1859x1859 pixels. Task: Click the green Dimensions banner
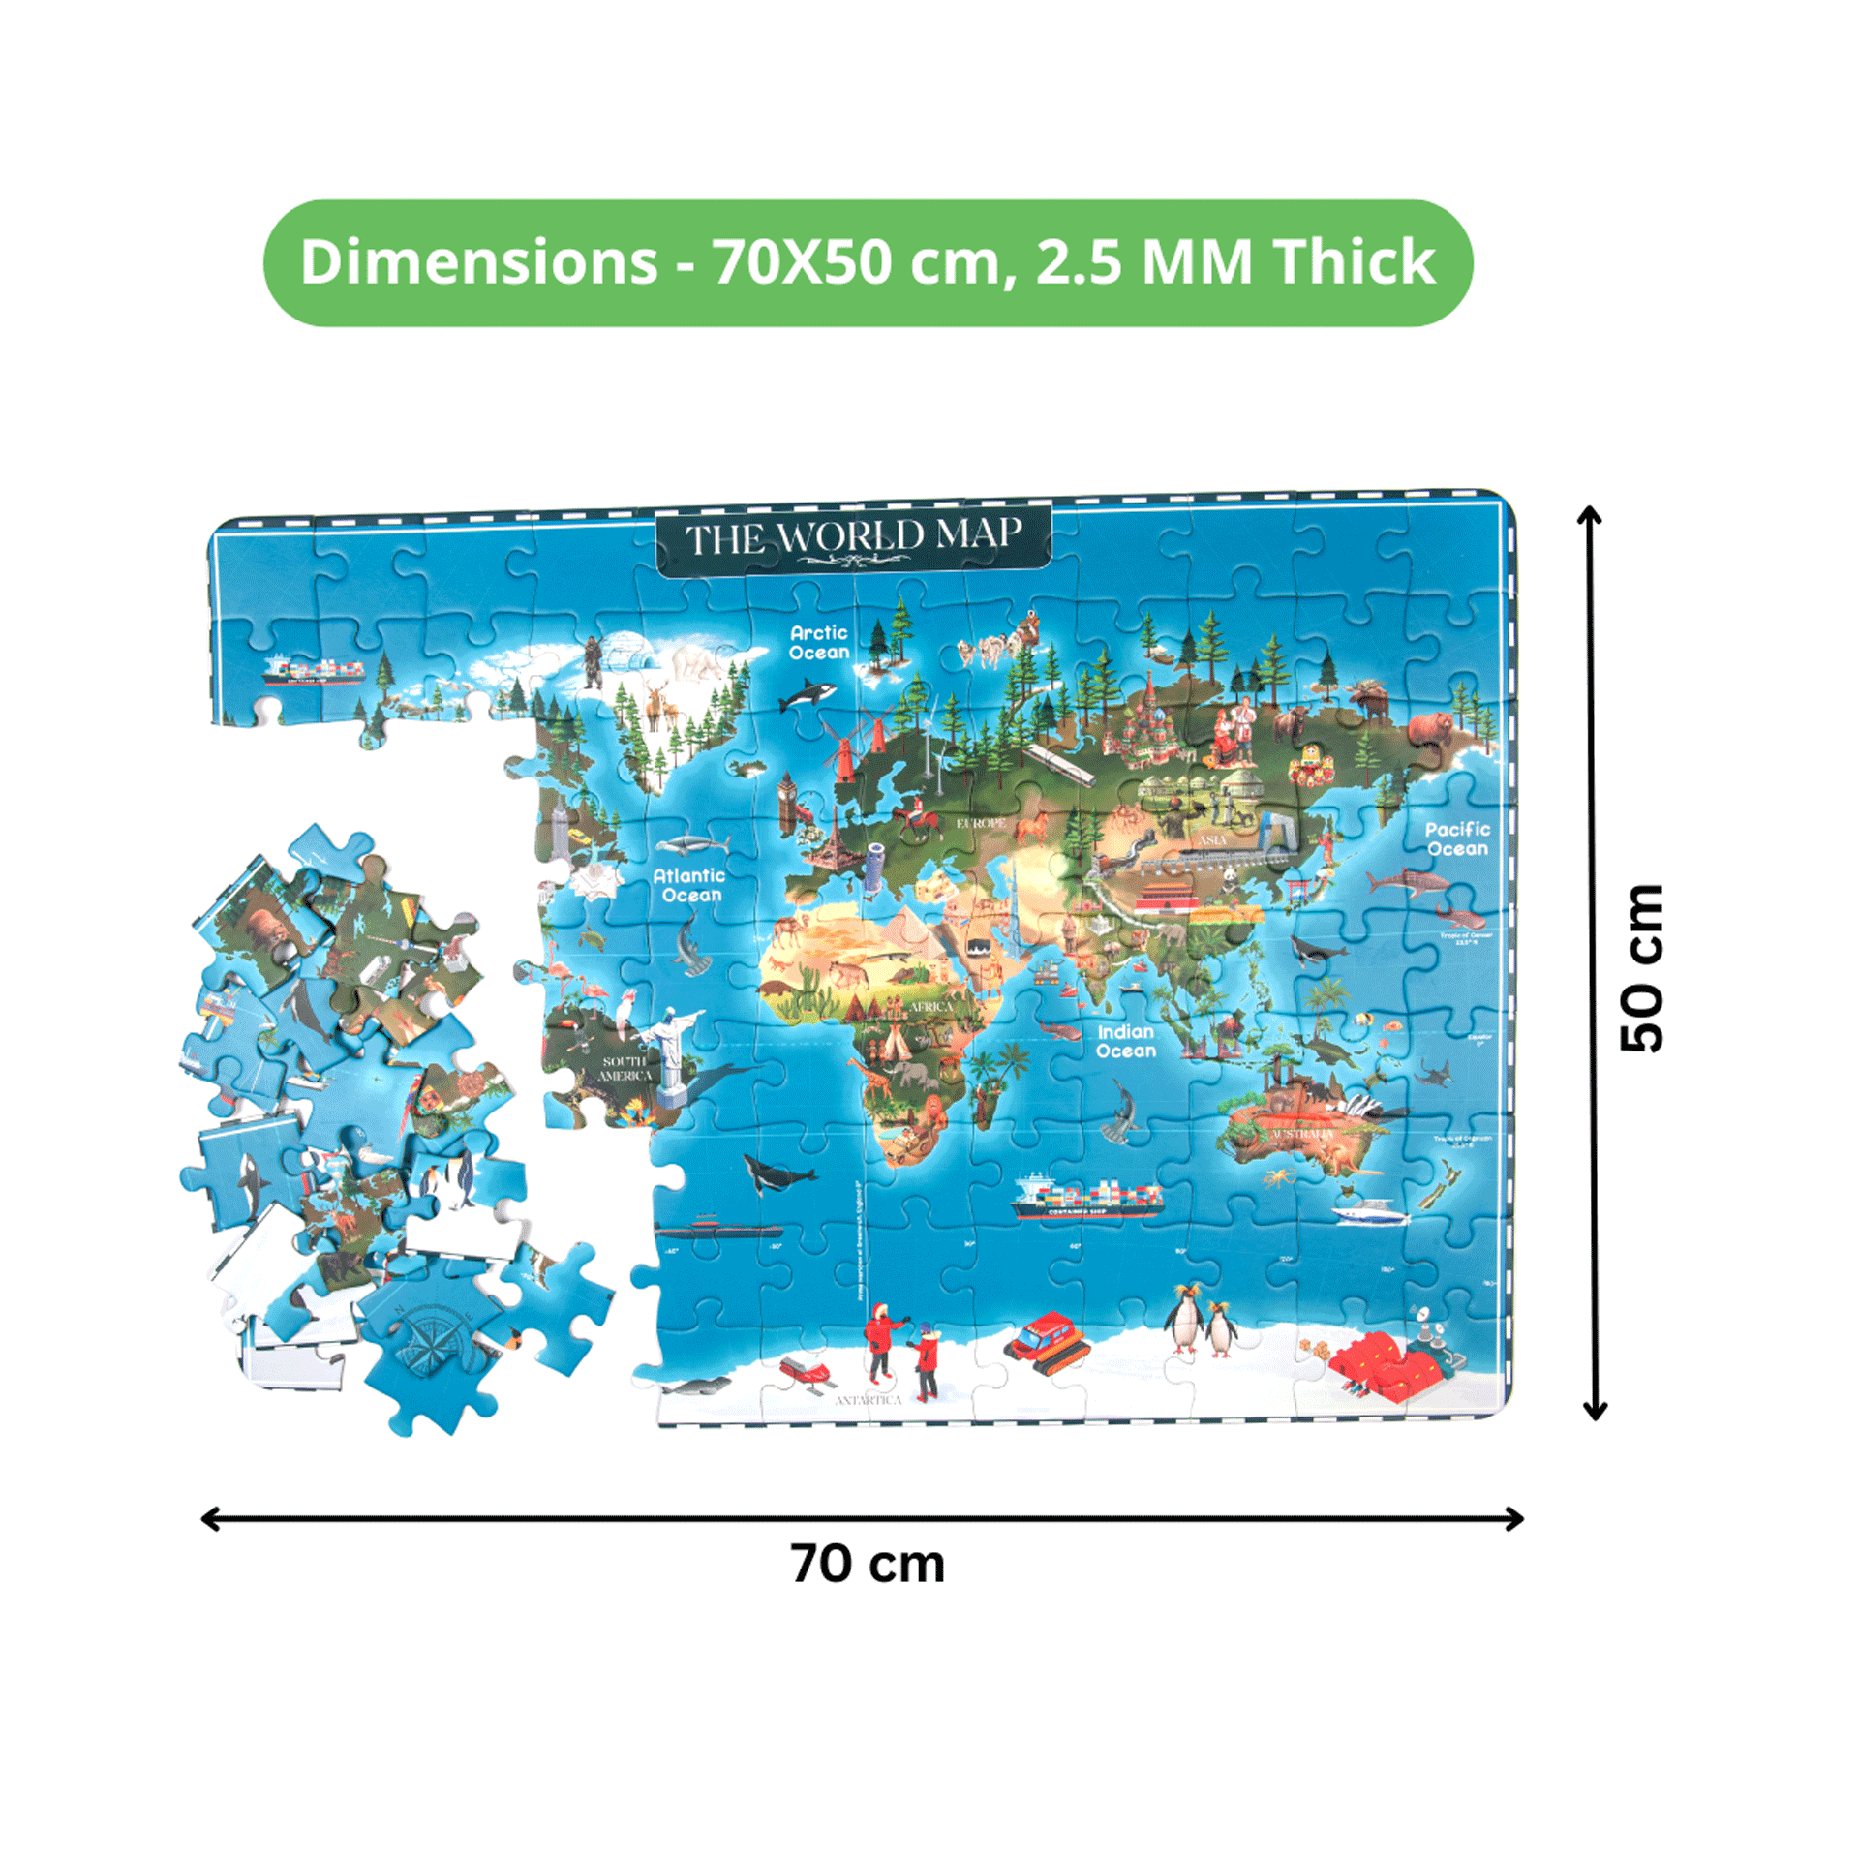(x=868, y=262)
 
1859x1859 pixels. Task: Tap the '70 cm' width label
(x=868, y=1564)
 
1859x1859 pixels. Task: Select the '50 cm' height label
(x=1641, y=967)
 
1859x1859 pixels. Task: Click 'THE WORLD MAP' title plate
(x=853, y=538)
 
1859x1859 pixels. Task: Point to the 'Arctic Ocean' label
(x=819, y=642)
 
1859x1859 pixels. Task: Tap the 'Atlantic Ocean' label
(x=688, y=885)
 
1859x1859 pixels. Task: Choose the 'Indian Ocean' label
(x=1126, y=1041)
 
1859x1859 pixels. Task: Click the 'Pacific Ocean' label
(x=1457, y=838)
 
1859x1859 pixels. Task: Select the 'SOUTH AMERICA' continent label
(x=625, y=1068)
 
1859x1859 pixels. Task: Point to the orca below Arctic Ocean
(x=808, y=694)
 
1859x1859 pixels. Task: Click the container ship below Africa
(x=1085, y=1198)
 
